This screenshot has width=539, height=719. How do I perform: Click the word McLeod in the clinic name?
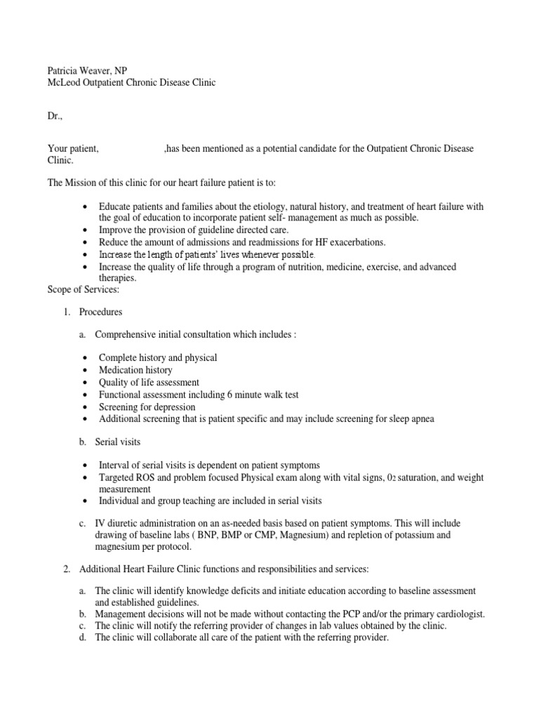click(x=64, y=83)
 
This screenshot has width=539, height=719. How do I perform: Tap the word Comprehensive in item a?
click(x=128, y=334)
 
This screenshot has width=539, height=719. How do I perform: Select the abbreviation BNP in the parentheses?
click(x=199, y=536)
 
